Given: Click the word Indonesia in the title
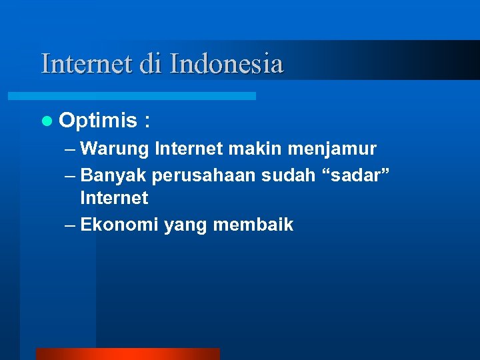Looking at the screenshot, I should [227, 63].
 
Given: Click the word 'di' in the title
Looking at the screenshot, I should [153, 63].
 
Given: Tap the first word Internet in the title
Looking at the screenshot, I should [87, 63].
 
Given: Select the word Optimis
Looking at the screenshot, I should [97, 121].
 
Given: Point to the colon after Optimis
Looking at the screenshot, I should [147, 121].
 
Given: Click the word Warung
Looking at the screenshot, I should [115, 148].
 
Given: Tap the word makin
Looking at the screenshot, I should [251, 148].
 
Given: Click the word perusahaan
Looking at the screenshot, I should [203, 176].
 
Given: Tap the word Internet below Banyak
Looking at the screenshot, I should [114, 198].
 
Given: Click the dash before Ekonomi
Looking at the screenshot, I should [71, 225].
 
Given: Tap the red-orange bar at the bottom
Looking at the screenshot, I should [127, 353].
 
